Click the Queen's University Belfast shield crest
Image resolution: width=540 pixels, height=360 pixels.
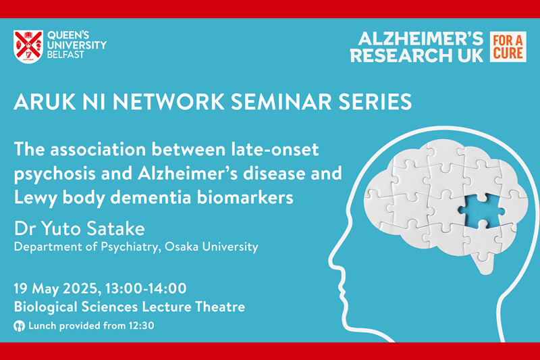click(28, 47)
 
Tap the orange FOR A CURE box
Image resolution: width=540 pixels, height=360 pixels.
click(508, 47)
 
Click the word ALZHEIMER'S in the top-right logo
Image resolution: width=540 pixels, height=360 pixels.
click(421, 39)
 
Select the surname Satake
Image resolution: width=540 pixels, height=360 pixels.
click(115, 229)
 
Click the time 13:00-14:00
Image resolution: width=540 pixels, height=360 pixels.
click(146, 288)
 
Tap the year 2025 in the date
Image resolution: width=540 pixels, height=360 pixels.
click(82, 288)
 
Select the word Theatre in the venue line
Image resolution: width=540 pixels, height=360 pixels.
click(220, 307)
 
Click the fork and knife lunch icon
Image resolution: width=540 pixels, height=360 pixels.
click(20, 326)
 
